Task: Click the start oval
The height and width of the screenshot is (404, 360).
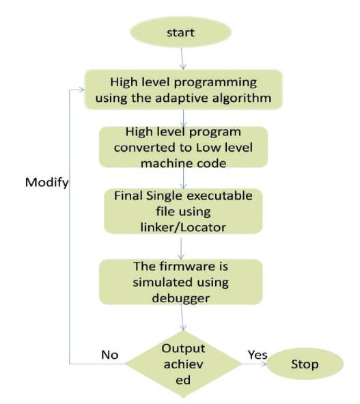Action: point(181,32)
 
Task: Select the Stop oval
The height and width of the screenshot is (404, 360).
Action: point(305,364)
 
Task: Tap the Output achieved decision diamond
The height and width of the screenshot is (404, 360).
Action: point(183,364)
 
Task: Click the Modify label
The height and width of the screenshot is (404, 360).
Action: point(47,183)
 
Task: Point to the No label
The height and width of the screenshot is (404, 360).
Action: point(110,355)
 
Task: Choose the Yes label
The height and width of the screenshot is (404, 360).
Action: point(258,355)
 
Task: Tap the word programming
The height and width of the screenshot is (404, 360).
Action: point(215,83)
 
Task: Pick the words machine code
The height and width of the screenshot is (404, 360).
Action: point(183,163)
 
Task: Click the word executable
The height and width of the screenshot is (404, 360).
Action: point(219,196)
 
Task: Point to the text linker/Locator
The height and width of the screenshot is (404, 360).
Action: point(183,227)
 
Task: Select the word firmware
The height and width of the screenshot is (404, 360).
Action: point(187,267)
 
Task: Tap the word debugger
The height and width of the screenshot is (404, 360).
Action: point(181,298)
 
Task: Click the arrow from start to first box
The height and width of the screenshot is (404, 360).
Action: point(182,59)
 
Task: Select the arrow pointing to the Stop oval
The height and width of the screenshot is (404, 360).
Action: point(254,364)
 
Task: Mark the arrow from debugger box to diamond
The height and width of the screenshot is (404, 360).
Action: point(182,317)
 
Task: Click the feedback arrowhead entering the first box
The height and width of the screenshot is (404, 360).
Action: point(82,90)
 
